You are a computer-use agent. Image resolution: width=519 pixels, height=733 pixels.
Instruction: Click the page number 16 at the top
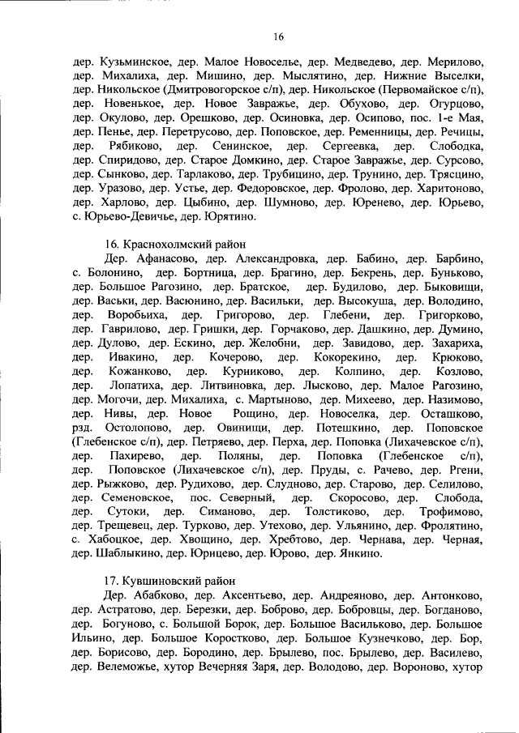pyautogui.click(x=278, y=36)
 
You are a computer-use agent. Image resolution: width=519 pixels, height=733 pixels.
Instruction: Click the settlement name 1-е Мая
pyautogui.click(x=465, y=118)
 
